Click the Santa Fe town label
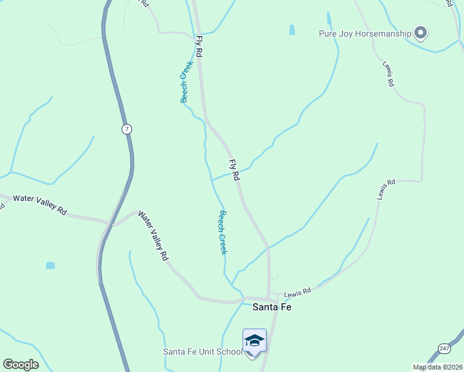point(272,307)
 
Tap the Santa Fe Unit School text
point(202,352)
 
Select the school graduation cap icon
point(254,341)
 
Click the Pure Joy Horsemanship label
point(365,33)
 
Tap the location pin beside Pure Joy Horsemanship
point(421,32)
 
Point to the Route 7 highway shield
point(127,129)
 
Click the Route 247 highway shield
point(444,348)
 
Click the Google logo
point(20,365)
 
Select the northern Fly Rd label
point(199,46)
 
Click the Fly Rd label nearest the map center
point(234,170)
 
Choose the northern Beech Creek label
point(185,82)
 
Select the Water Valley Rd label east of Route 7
point(153,235)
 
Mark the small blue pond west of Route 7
point(50,265)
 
